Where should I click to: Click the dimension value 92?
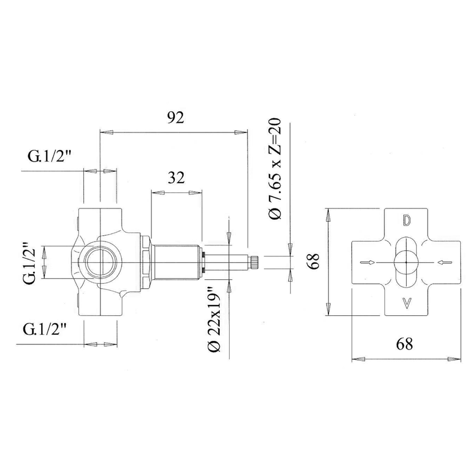click(176, 118)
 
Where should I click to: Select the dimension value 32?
click(176, 178)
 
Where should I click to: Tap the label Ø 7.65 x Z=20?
click(275, 168)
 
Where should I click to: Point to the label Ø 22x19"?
click(214, 319)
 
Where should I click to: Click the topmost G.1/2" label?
click(49, 156)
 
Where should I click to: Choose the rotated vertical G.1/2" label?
click(29, 262)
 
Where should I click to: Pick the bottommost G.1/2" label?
click(45, 329)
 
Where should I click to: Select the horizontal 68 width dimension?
click(404, 344)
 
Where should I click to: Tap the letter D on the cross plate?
click(407, 221)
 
